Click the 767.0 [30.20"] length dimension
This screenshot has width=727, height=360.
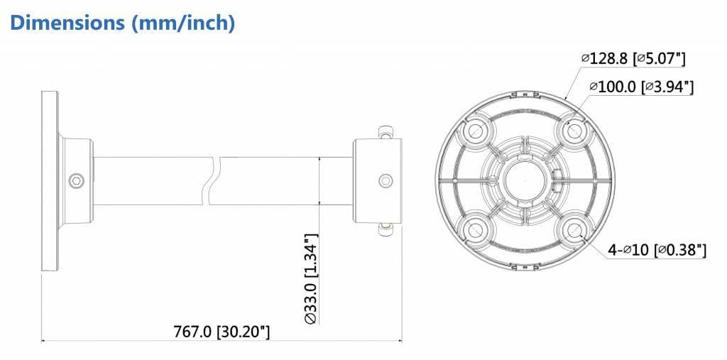(x=222, y=332)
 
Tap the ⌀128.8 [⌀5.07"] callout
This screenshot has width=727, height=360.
(x=633, y=58)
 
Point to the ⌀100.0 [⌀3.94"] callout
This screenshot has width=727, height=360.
(x=640, y=87)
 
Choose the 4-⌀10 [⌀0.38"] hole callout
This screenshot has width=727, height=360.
(x=657, y=249)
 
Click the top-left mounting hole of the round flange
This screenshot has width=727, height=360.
(x=474, y=132)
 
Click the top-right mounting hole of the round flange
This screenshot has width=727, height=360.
(x=573, y=132)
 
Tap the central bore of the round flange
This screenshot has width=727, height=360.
(x=523, y=180)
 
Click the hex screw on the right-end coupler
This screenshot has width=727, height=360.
(x=385, y=180)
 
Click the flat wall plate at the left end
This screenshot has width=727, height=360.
(x=50, y=180)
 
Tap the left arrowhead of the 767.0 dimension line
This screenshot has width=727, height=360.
(x=45, y=341)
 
